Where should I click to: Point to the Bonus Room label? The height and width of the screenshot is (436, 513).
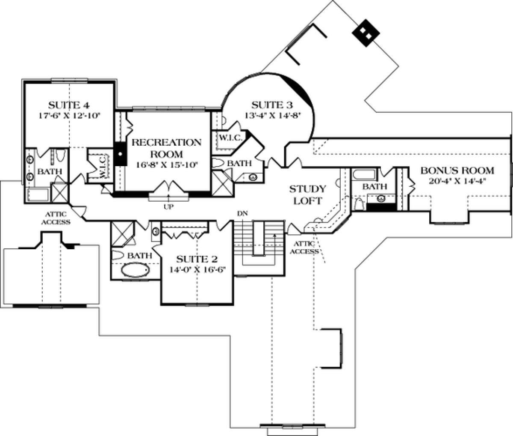457,170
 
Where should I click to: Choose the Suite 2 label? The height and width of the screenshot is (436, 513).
197,259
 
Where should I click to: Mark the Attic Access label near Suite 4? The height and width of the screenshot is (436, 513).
56,218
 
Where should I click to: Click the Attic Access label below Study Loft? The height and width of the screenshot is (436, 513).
304,247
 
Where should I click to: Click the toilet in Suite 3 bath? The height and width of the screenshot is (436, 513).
219,163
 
